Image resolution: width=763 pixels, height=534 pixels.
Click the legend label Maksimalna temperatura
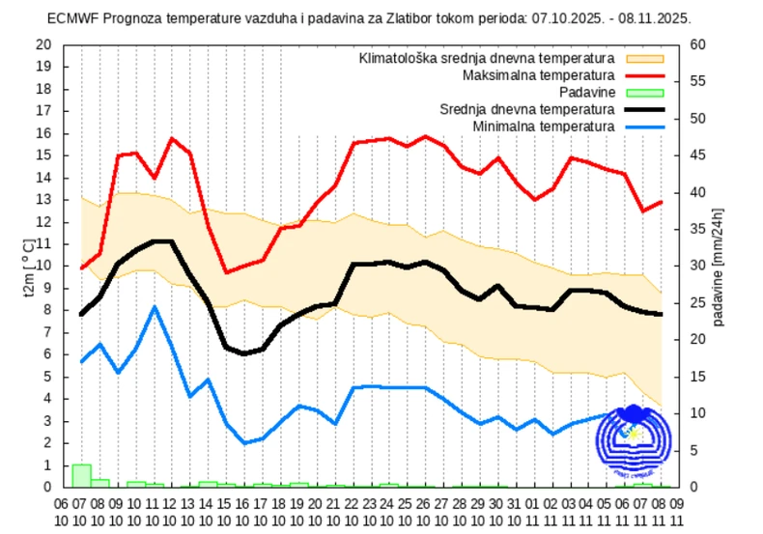pos(538,75)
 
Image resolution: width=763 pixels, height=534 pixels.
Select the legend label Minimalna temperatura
pos(544,126)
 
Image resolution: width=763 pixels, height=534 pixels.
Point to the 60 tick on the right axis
pos(695,44)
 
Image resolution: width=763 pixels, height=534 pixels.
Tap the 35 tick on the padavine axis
pos(695,229)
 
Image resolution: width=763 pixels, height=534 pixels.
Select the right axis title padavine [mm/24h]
pos(719,266)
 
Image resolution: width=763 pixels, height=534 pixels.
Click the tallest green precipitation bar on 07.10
pos(81,475)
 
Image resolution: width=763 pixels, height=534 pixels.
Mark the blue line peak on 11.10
pos(155,307)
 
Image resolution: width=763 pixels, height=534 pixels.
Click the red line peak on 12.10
pos(172,139)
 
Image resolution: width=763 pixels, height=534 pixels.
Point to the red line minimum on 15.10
pos(227,272)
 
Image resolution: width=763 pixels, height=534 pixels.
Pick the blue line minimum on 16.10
pos(245,443)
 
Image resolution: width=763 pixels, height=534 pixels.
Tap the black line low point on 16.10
pos(245,353)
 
